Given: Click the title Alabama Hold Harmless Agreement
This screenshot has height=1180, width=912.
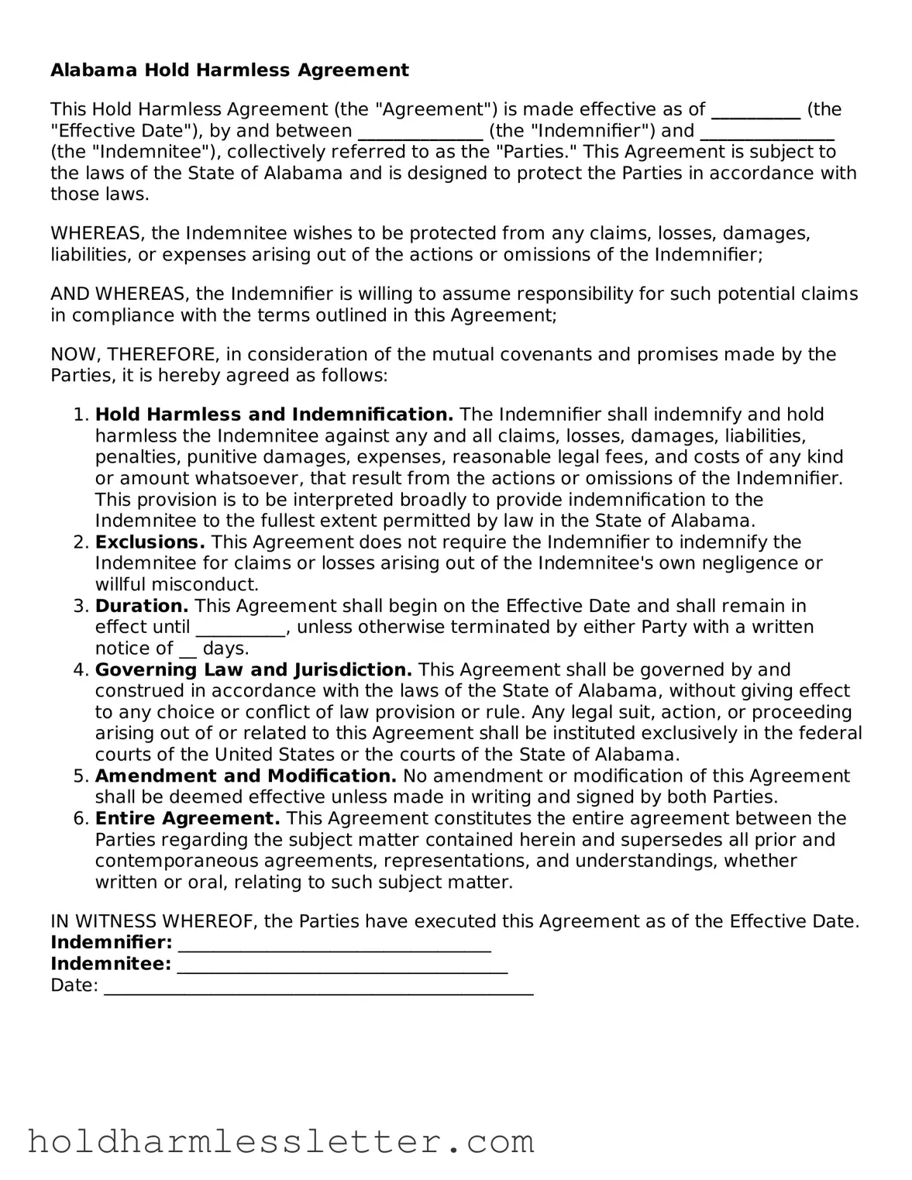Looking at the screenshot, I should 229,71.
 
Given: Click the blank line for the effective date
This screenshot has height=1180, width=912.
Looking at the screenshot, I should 755,112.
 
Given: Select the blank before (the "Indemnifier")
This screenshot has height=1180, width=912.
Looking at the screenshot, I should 420,132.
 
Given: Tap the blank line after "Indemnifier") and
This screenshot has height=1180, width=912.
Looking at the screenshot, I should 766,132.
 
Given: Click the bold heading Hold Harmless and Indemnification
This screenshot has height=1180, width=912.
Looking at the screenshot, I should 274,415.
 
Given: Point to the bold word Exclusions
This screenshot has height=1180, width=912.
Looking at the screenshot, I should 150,542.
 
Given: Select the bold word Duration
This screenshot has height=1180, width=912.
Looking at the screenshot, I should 142,606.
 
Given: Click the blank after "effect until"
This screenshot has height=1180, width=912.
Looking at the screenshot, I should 240,628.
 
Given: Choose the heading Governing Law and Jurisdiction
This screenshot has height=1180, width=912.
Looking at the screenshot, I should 253,669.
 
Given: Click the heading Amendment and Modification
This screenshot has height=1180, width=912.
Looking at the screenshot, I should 246,776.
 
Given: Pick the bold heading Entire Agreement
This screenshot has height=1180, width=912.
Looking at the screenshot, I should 188,819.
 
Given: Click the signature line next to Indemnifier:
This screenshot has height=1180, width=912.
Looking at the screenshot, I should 334,944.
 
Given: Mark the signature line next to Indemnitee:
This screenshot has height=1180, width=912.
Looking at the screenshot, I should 342,965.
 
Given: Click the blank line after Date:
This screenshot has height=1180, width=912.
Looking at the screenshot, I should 318,987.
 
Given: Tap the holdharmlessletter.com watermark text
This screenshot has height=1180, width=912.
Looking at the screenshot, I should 280,1142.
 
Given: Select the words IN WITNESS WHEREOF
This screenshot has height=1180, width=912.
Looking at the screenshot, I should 154,922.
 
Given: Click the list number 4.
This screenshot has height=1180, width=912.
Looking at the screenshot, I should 81,670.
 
